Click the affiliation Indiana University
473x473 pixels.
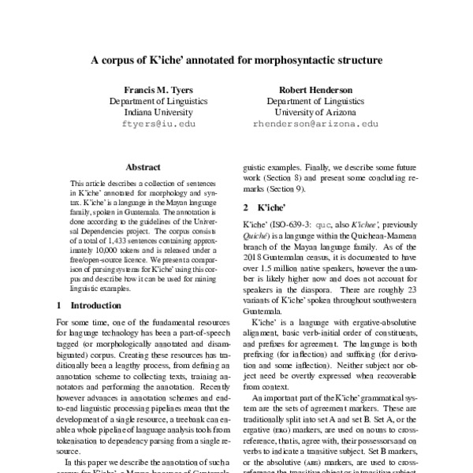tap(154, 112)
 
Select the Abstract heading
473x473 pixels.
tap(143, 167)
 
